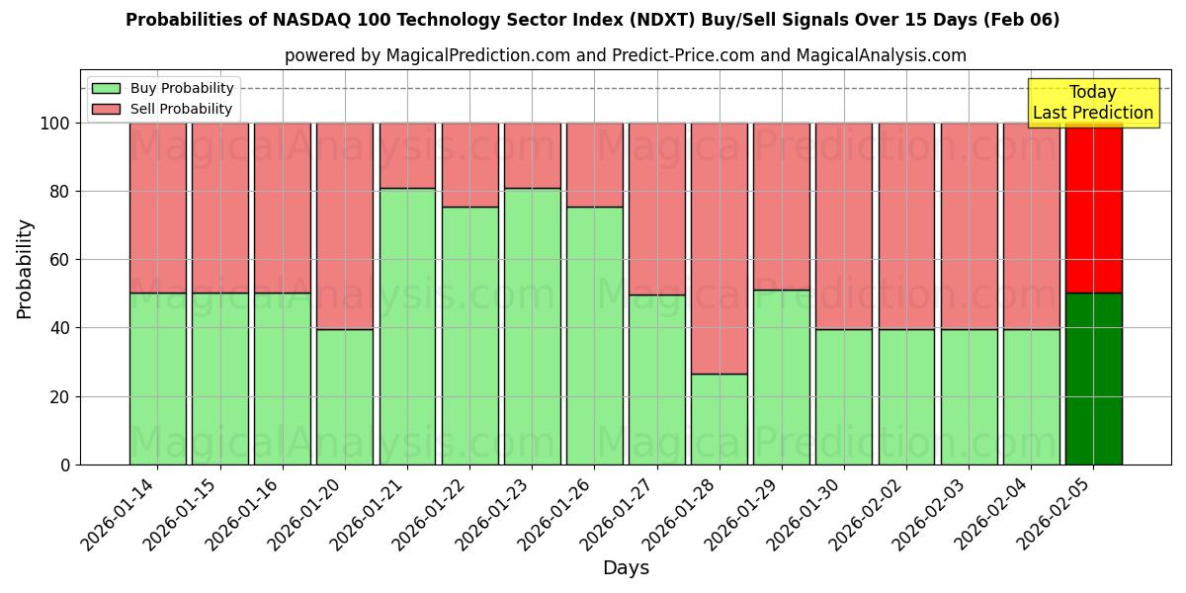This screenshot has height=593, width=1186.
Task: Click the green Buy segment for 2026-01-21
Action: pos(407,326)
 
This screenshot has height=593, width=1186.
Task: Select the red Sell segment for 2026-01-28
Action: pos(720,248)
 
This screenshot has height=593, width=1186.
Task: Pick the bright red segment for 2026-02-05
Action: pos(1093,208)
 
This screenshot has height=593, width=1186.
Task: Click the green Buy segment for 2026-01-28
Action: pos(720,419)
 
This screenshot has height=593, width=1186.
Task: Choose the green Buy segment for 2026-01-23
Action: pos(532,326)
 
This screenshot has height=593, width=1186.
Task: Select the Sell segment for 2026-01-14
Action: pos(158,208)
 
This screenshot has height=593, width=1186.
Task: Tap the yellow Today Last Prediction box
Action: pos(1092,103)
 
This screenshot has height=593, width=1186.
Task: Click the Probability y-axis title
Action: pos(25,269)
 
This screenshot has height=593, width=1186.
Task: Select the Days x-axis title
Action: pos(626,568)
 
